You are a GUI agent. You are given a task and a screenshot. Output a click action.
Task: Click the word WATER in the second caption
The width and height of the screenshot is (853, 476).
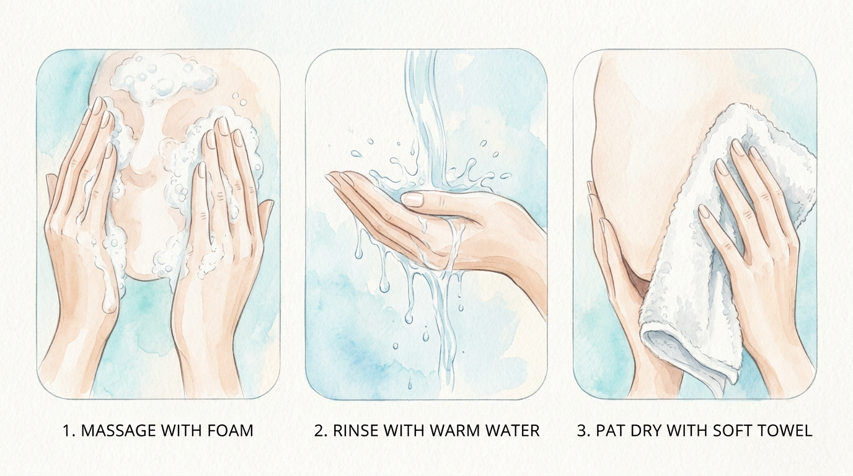click(512, 431)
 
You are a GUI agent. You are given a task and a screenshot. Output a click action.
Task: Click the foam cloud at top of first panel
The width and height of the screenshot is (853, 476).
click(164, 79)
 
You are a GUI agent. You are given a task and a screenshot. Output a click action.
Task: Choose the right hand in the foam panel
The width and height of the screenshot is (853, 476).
click(221, 247)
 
